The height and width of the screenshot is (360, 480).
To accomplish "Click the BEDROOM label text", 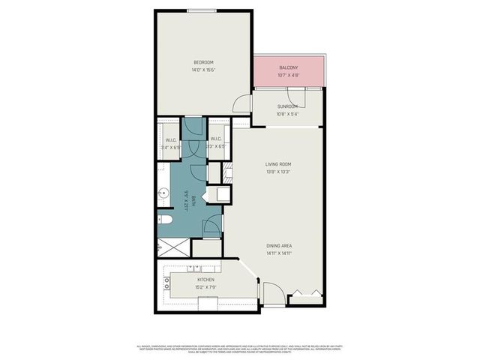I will [204, 61].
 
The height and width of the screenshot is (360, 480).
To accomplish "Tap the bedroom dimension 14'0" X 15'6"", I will [204, 70].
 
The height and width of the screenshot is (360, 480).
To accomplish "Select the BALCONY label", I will [289, 67].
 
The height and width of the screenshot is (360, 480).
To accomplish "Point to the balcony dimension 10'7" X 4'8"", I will [289, 75].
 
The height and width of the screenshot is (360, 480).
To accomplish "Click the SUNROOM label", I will [287, 106].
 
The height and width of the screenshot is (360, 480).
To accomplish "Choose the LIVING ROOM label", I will [277, 164].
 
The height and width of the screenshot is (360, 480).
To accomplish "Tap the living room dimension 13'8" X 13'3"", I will [277, 172].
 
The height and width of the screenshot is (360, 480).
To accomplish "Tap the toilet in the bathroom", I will [166, 220].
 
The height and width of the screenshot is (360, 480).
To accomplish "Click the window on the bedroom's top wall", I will [203, 10].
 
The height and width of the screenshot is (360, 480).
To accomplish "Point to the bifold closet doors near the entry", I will [306, 293].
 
